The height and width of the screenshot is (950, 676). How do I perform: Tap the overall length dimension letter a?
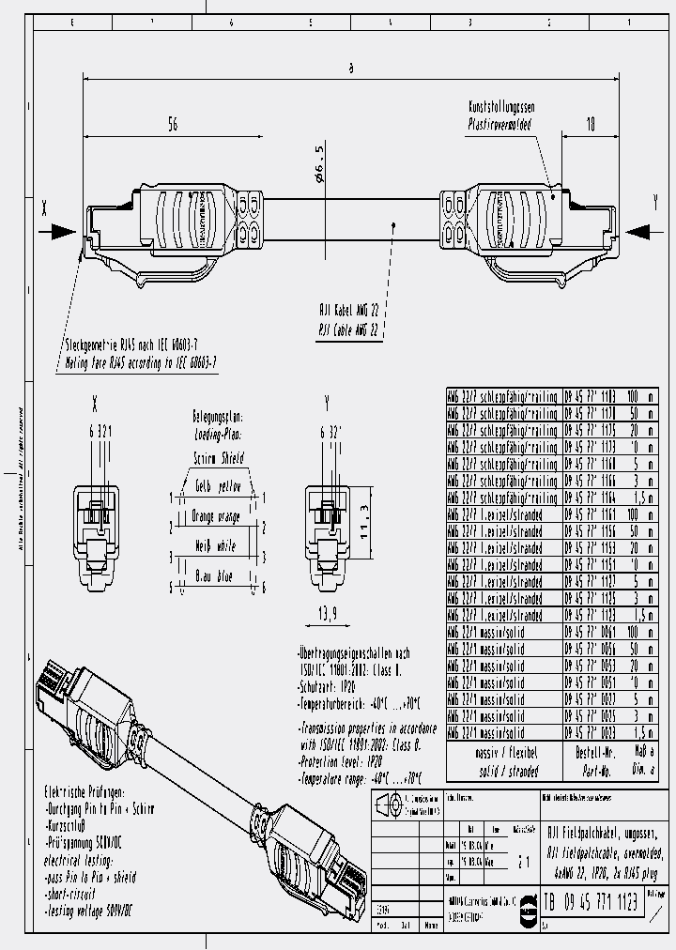(350, 67)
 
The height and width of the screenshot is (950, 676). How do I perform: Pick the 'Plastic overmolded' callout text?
(499, 124)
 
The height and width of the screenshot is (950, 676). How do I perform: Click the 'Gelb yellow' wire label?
(218, 488)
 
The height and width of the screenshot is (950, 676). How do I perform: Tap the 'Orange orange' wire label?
(217, 515)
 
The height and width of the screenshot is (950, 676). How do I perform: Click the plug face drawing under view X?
(96, 534)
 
